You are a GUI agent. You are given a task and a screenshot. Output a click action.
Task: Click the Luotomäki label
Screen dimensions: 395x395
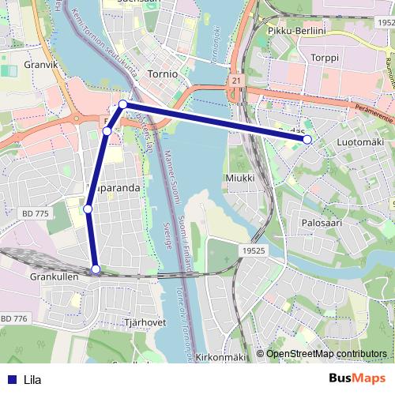(x=360, y=141)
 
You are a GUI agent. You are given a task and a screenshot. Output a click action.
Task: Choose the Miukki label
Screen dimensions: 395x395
(x=240, y=178)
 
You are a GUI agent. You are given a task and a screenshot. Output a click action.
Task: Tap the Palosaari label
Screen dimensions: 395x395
(x=321, y=224)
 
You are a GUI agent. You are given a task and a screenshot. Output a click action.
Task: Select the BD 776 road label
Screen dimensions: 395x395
(x=14, y=318)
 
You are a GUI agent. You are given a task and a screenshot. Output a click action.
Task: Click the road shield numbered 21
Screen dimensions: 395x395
(x=236, y=81)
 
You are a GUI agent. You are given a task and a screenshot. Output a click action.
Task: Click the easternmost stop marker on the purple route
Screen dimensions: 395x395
(x=307, y=140)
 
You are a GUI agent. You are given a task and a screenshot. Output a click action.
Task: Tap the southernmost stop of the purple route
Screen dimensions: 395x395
(x=96, y=270)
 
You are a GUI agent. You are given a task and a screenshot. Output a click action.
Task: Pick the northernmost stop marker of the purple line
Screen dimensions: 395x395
(x=123, y=104)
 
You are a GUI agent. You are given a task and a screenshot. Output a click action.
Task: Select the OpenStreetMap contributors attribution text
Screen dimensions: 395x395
(x=326, y=354)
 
